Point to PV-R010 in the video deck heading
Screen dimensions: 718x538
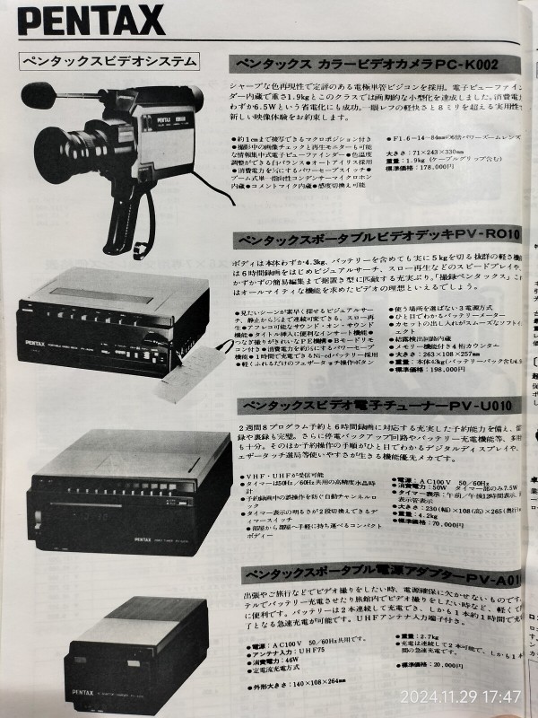click(485, 236)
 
